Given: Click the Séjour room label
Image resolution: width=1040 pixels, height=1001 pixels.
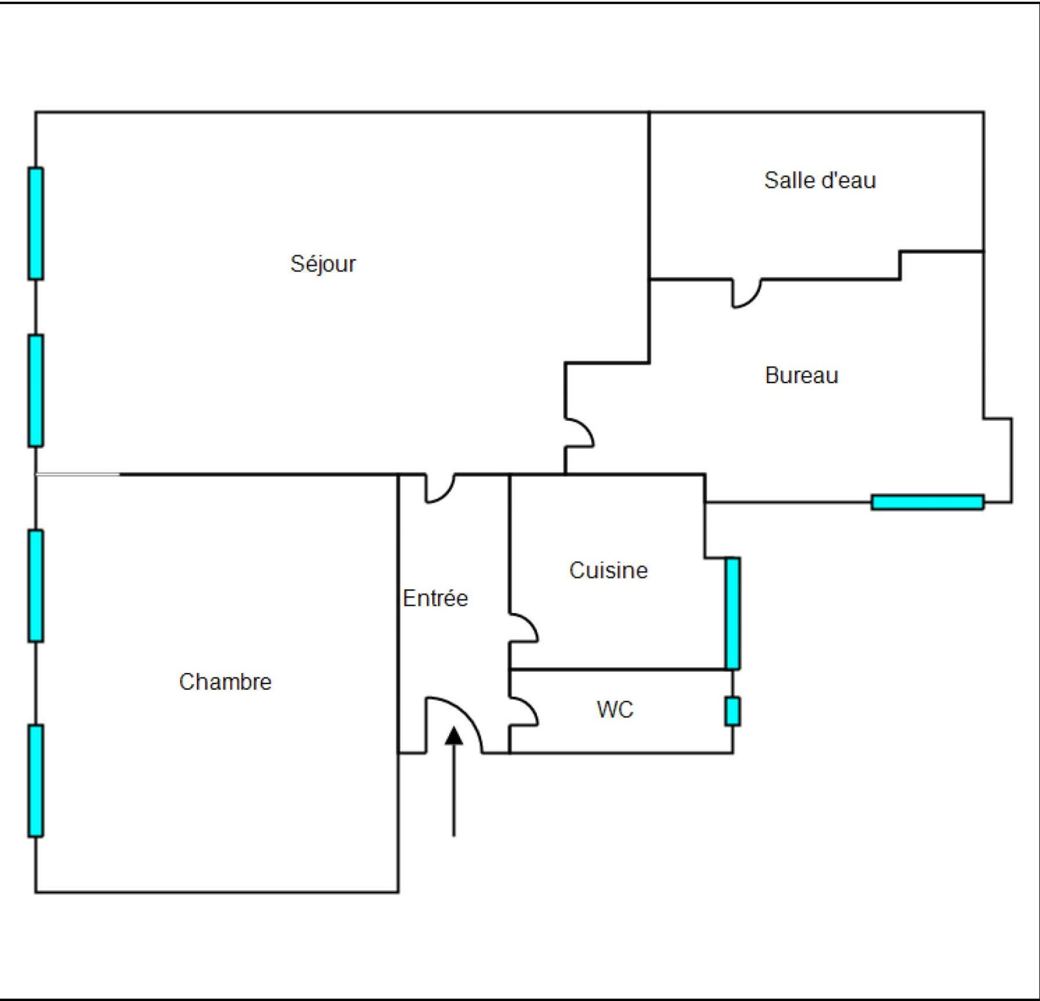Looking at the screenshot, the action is [x=323, y=264].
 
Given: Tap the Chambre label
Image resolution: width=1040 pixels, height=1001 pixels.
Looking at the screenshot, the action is [x=225, y=681].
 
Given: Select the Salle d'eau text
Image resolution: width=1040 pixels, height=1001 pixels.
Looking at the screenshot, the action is [x=820, y=180].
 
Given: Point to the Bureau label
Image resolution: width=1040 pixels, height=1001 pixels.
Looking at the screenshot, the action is [x=801, y=375].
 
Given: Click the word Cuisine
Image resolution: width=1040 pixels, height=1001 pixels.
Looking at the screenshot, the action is [x=608, y=570].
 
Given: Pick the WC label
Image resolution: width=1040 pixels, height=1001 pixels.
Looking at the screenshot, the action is [x=614, y=709].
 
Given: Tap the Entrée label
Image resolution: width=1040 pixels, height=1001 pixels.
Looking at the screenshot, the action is [x=435, y=598].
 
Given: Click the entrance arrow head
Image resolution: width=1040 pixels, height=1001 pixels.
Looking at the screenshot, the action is [x=454, y=735].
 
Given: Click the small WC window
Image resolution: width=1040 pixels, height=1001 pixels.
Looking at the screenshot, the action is [x=733, y=711].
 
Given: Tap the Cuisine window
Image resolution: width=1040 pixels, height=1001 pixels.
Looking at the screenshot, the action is [x=733, y=613].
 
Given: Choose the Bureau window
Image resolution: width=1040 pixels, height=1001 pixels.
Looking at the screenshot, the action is [x=928, y=502].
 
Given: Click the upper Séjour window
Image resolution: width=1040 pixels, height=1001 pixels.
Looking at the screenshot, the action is [x=36, y=223].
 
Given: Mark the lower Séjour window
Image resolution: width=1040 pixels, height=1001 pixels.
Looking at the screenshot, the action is [x=36, y=390].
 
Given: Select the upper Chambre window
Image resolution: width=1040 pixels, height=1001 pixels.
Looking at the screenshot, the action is [x=36, y=585].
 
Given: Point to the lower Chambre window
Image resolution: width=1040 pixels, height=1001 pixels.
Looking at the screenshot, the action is [x=36, y=780].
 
